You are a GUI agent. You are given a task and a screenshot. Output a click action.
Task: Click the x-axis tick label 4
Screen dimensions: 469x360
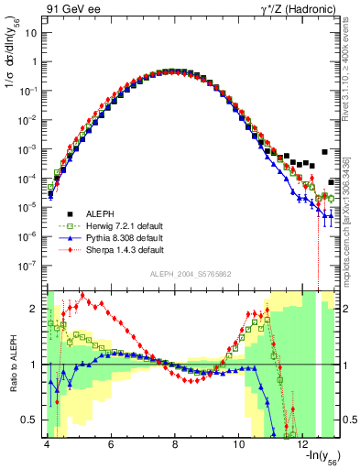click(46, 444)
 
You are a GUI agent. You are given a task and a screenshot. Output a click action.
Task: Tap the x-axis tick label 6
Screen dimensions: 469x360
click(110, 444)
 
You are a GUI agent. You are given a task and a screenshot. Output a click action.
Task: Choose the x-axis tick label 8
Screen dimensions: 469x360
click(175, 444)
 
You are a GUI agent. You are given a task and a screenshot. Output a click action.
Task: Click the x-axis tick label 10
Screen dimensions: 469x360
click(239, 444)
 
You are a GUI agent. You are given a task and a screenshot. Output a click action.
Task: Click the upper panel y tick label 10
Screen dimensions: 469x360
click(29, 33)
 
